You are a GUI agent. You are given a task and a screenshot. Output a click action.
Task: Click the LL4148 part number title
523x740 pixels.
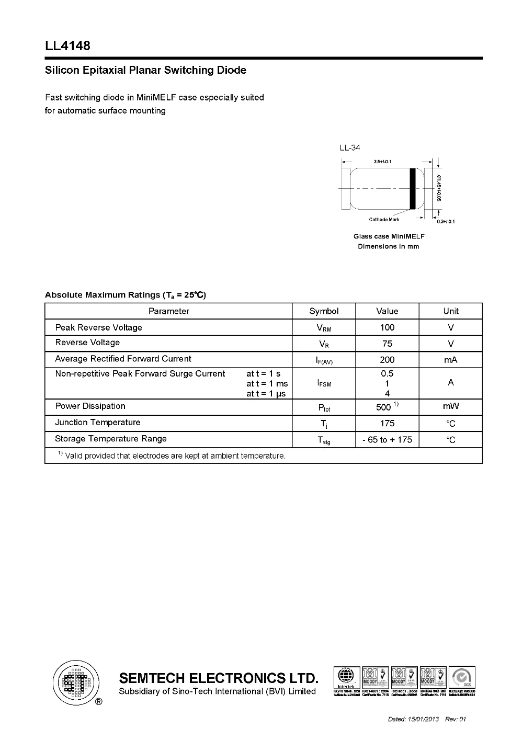(x=67, y=46)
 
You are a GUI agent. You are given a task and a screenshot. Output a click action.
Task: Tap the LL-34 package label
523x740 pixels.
(x=350, y=147)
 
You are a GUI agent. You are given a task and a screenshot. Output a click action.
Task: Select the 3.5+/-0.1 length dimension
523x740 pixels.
(x=383, y=162)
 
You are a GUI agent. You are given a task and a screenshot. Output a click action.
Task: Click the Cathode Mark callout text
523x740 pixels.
(x=384, y=220)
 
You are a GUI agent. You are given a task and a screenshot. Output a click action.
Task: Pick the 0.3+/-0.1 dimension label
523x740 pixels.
(x=446, y=221)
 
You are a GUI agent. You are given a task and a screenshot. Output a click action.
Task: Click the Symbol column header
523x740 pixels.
(x=324, y=311)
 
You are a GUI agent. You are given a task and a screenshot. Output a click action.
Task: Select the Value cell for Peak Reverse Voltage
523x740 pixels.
(x=387, y=327)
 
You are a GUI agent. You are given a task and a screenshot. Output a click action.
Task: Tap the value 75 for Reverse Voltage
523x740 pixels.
(x=387, y=344)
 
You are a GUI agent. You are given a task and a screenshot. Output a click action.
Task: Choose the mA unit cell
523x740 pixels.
(x=450, y=360)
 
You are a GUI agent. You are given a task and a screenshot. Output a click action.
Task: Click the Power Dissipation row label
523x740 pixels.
(x=90, y=406)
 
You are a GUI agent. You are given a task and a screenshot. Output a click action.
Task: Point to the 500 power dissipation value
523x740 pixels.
(x=384, y=407)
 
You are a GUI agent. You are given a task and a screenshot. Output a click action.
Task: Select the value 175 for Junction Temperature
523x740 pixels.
(x=387, y=423)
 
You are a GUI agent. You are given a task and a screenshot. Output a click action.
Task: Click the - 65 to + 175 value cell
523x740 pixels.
(x=387, y=440)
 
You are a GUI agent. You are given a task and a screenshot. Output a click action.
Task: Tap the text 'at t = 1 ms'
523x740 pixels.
(x=267, y=384)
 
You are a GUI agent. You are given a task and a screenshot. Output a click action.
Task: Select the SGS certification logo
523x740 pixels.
(x=462, y=678)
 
